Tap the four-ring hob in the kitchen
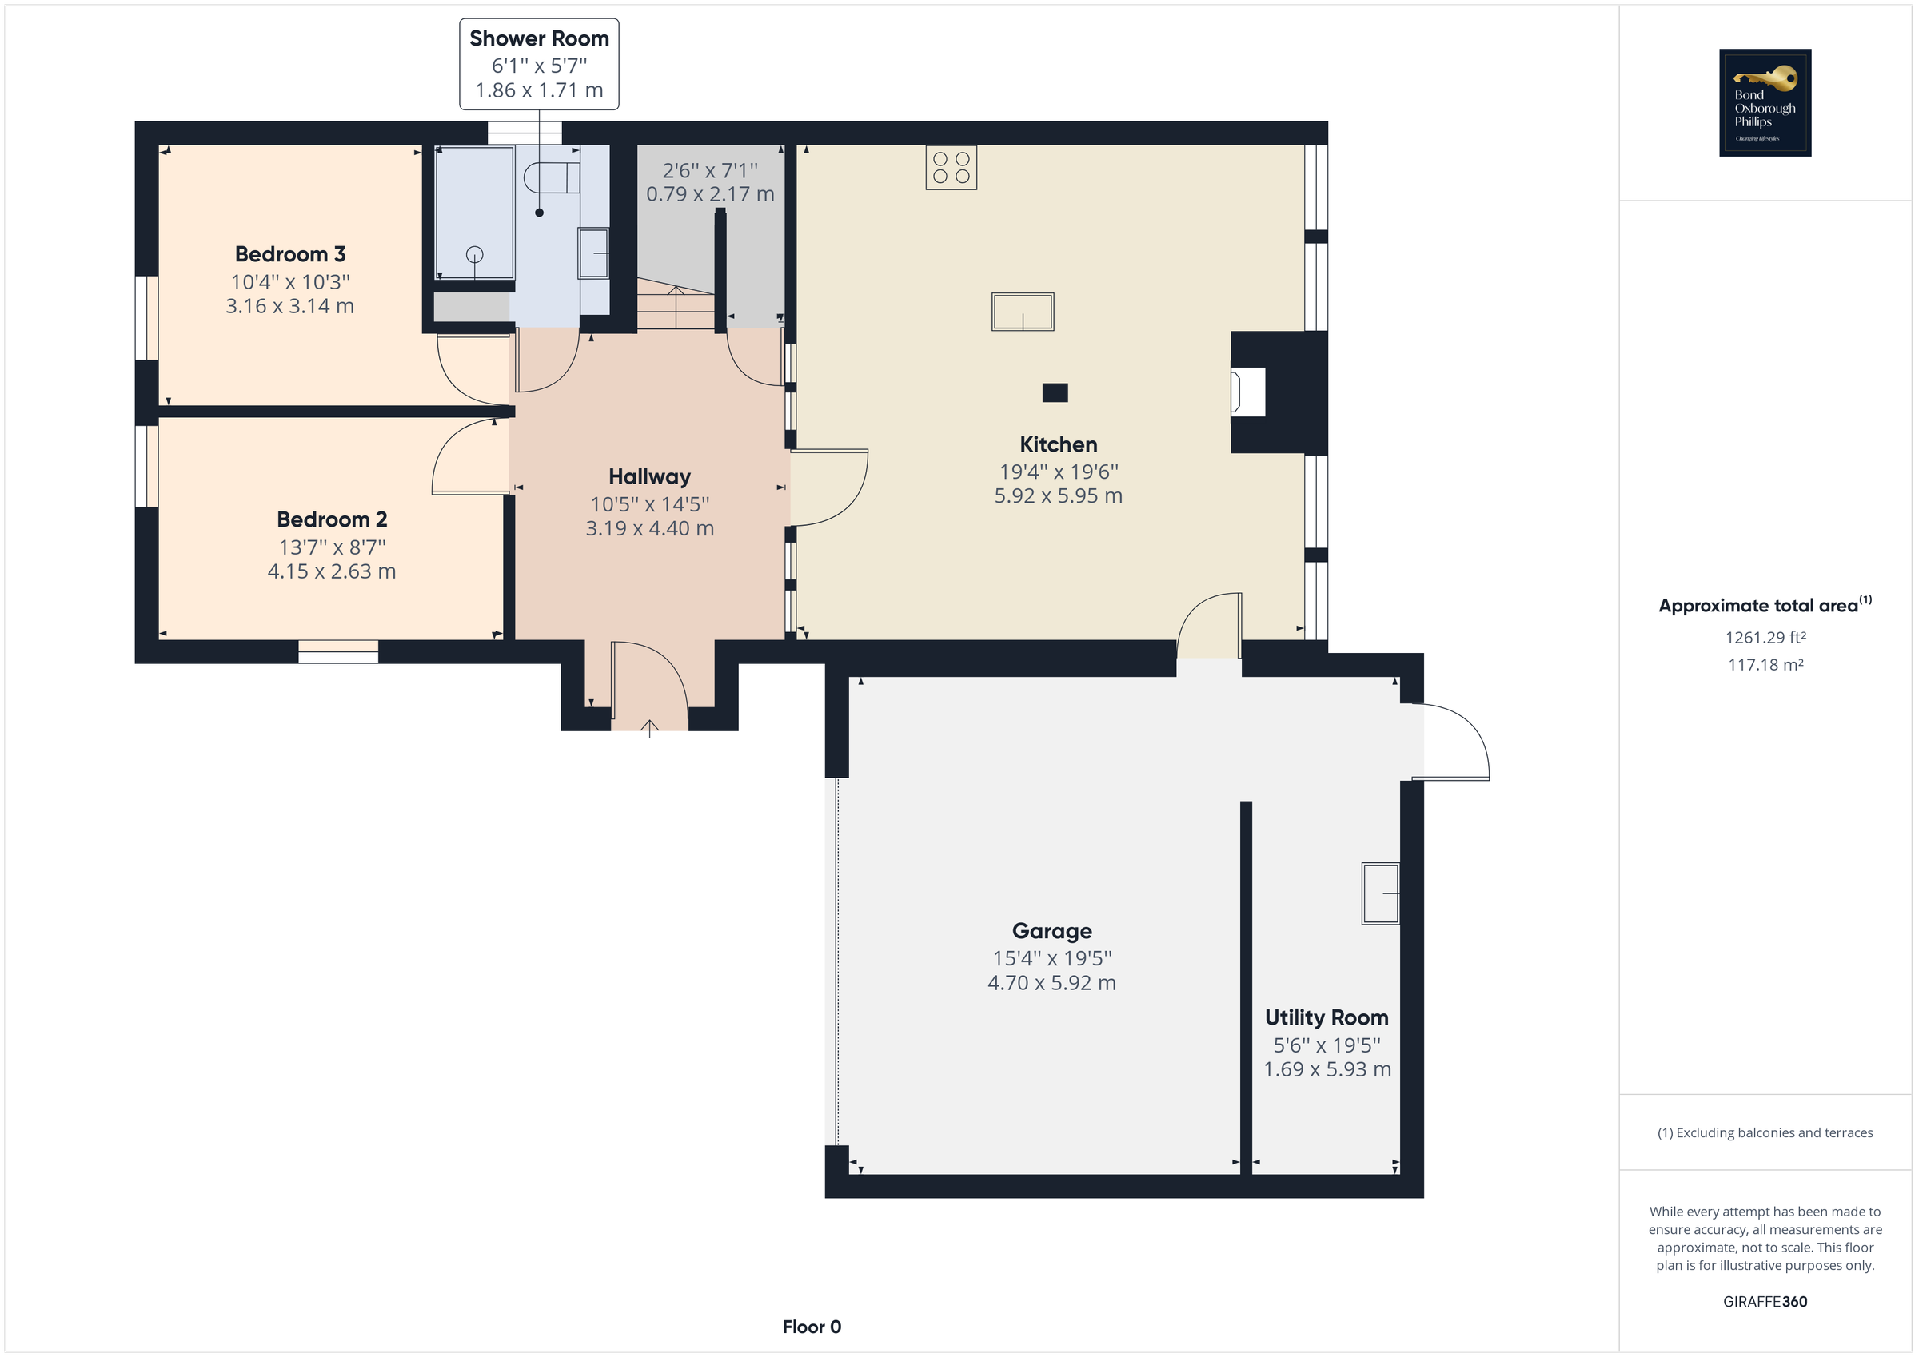click(951, 167)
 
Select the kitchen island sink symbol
click(1022, 312)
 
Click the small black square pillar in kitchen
click(1055, 392)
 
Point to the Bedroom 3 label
click(290, 254)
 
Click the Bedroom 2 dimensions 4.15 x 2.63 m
click(331, 571)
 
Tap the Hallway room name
click(649, 476)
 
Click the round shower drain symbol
click(474, 254)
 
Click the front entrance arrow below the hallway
click(649, 728)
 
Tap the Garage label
click(1051, 931)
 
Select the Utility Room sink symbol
click(1380, 893)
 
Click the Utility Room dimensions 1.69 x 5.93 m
click(1327, 1069)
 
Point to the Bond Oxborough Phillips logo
click(1765, 103)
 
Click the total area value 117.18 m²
click(1765, 665)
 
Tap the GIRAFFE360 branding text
click(1765, 1302)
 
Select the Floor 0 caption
click(811, 1327)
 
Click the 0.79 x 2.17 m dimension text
click(709, 194)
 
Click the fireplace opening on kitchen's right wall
click(1248, 392)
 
